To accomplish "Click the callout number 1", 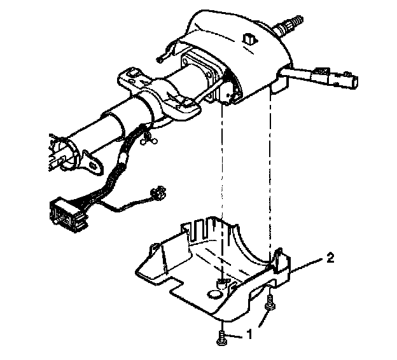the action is click(249, 334).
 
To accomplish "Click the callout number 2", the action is click(330, 258).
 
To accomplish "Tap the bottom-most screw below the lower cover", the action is click(222, 338).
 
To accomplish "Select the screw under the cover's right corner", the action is click(270, 303).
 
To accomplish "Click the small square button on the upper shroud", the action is click(251, 39).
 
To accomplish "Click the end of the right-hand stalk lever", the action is click(352, 82).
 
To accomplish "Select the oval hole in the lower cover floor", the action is click(214, 294).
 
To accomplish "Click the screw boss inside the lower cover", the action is click(222, 284).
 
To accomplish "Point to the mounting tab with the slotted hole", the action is click(93, 163).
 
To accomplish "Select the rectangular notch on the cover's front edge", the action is click(177, 284).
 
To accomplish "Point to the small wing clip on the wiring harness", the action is click(149, 138).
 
